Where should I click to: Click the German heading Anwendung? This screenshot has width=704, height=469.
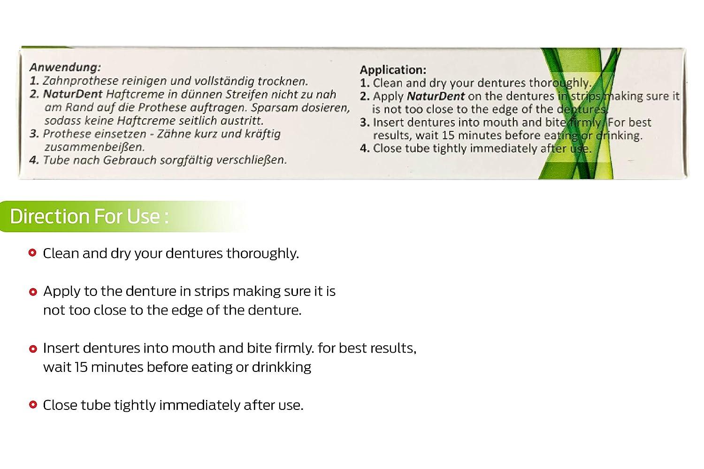(65, 68)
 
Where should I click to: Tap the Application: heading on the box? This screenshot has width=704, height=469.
(393, 70)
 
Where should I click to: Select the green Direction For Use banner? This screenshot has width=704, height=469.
(89, 216)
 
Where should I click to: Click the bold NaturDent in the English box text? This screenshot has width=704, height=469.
(436, 96)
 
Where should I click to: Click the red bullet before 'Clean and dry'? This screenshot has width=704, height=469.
(32, 253)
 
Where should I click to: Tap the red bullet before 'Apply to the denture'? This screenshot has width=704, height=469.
(32, 292)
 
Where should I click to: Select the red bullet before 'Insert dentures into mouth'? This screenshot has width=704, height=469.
(32, 349)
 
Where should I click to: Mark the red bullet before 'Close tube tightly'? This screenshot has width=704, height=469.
(32, 405)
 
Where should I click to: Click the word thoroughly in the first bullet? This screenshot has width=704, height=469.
(262, 254)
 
